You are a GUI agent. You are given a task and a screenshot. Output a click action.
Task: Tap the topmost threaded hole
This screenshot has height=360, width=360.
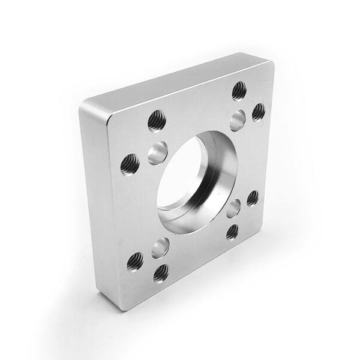click(x=239, y=90)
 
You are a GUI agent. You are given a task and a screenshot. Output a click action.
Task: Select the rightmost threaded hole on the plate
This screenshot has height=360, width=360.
click(x=259, y=112)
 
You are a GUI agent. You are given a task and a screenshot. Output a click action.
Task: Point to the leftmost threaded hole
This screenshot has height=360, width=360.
click(x=130, y=163)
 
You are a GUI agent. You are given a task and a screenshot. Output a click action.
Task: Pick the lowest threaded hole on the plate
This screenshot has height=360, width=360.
click(x=160, y=273)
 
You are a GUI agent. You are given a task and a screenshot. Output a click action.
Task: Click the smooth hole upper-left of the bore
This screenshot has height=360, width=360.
click(x=158, y=152)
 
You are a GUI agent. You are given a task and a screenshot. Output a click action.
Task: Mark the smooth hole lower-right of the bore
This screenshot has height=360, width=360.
click(x=233, y=209)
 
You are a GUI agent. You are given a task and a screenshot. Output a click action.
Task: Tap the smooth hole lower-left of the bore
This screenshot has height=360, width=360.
click(x=160, y=247)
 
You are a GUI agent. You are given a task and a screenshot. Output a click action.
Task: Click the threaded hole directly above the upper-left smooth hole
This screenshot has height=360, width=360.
click(x=157, y=120)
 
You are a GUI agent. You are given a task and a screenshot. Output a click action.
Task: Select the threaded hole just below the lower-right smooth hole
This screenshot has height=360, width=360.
click(x=232, y=231)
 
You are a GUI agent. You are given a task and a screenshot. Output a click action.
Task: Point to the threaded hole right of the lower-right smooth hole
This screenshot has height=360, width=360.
click(x=253, y=197)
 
